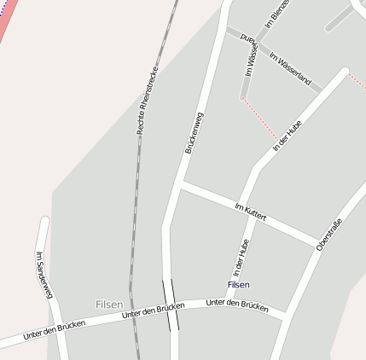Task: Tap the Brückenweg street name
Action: point(195,133)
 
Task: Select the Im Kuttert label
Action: point(250,211)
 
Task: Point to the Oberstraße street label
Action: point(328,234)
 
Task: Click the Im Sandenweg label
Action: point(44,275)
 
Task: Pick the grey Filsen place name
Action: point(108,305)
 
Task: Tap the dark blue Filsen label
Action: point(239,284)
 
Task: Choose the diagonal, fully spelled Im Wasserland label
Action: point(290,71)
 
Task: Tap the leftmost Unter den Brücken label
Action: point(54,329)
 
